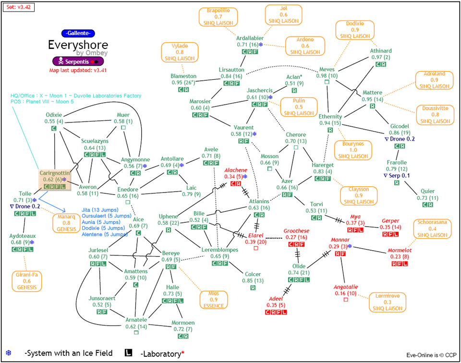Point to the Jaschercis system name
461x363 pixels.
tap(260, 90)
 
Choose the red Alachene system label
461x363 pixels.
tap(236, 170)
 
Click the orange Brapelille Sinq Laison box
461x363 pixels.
tap(218, 16)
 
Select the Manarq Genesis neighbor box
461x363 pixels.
tap(67, 223)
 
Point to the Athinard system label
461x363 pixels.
tap(381, 51)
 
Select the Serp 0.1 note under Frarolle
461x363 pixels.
tap(397, 176)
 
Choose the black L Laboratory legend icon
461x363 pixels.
tap(129, 353)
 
